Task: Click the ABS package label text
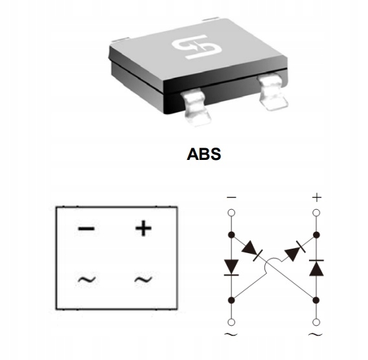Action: coord(203,154)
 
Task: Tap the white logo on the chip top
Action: coord(197,47)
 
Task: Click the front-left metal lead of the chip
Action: coord(196,107)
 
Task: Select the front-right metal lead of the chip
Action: coord(272,92)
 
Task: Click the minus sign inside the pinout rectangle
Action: coord(86,228)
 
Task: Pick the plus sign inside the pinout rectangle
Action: coord(143,228)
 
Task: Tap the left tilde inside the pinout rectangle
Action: coord(87,279)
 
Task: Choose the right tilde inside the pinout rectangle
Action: coord(143,279)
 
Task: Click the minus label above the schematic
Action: coord(231,197)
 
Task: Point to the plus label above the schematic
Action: coord(317,197)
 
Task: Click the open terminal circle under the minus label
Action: coord(231,213)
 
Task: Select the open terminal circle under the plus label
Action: coord(317,213)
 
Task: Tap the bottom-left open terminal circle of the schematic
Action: coord(231,322)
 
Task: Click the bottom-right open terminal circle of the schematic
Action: coord(317,322)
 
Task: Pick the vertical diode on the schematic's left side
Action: coord(231,267)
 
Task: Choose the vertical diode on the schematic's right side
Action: coord(317,267)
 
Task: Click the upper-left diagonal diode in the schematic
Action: coord(252,252)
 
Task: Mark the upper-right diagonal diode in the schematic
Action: coord(295,251)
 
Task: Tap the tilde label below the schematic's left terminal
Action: coord(231,334)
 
